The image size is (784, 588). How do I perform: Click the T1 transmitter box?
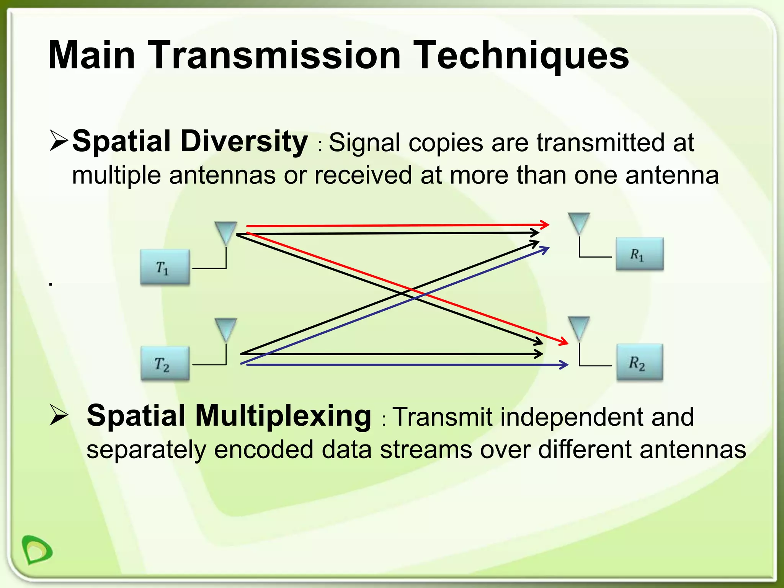(165, 267)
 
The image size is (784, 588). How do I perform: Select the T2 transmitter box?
(165, 363)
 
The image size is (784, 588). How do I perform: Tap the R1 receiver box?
(639, 254)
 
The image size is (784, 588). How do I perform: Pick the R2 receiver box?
(639, 362)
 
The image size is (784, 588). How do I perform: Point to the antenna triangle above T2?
(226, 329)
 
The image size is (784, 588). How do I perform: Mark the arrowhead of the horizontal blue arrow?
(564, 364)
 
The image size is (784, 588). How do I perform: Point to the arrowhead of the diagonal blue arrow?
(545, 249)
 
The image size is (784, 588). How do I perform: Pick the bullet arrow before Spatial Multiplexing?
(59, 416)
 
